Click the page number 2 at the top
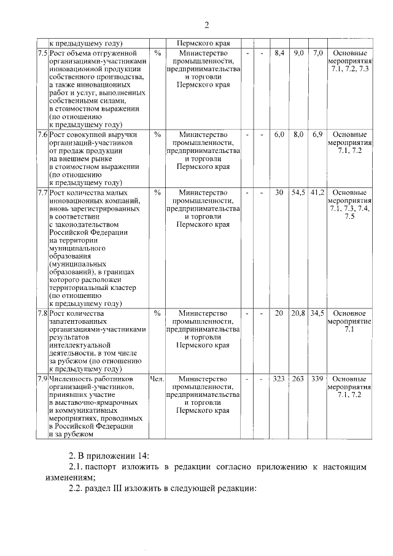tap(207, 25)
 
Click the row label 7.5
tap(42, 53)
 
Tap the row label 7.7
tap(42, 192)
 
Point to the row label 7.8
tap(42, 313)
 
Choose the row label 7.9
tap(42, 379)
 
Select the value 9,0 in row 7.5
tap(299, 53)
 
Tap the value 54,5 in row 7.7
tap(299, 192)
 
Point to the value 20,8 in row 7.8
tap(299, 313)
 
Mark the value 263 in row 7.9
tap(299, 379)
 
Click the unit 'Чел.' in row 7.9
tap(157, 379)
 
